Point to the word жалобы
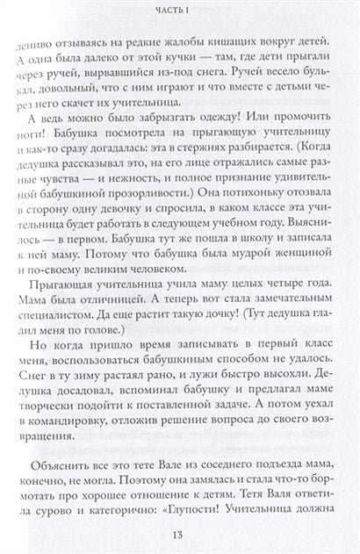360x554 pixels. click(x=205, y=45)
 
